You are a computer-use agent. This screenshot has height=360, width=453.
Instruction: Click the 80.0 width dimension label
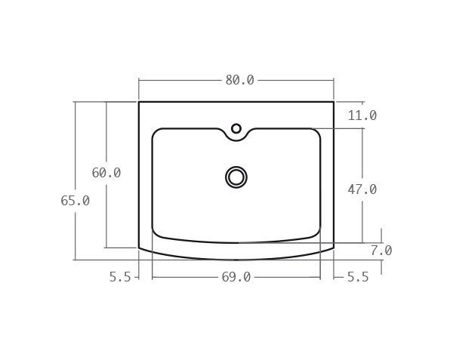[x=239, y=80]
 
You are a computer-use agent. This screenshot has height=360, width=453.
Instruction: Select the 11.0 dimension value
[x=362, y=115]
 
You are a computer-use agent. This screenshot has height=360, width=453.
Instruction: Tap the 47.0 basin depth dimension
[x=362, y=189]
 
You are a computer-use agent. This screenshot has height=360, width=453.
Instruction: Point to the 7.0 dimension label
[x=381, y=251]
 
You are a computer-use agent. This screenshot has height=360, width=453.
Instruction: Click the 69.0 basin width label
[x=236, y=277]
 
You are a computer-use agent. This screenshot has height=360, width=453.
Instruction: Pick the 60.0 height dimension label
[x=106, y=173]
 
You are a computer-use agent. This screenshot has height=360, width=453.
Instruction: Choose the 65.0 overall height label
[x=75, y=201]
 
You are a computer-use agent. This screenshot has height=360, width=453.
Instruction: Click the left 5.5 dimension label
[x=120, y=277]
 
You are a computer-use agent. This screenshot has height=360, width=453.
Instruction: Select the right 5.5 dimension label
[x=358, y=277]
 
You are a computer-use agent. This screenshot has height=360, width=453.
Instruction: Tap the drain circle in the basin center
[x=236, y=177]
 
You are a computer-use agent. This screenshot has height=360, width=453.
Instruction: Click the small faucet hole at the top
[x=236, y=129]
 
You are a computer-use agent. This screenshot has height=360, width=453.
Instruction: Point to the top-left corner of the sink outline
[x=139, y=102]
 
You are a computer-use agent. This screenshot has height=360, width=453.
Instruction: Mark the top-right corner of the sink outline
[x=334, y=102]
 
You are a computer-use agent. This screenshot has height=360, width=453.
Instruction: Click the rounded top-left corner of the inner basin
[x=156, y=133]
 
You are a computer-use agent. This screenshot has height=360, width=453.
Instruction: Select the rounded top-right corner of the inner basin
[x=316, y=133]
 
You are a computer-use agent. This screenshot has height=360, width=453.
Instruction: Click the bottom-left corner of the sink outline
[x=139, y=247]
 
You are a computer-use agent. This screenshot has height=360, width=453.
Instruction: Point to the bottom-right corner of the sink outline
[x=334, y=247]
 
